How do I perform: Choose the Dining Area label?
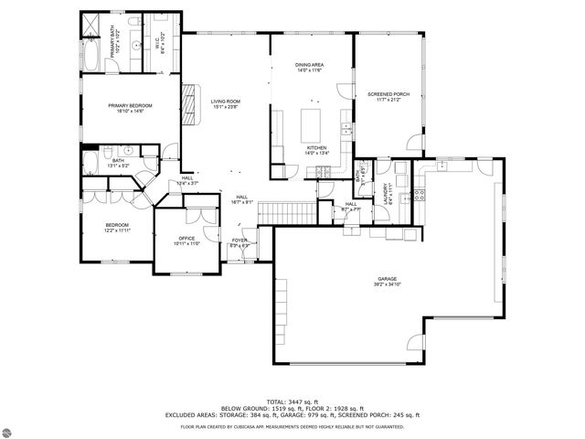pos(308,67)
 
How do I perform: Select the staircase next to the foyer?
pos(287,213)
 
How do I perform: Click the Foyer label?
pos(239,241)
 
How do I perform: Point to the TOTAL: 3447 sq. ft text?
pos(292,401)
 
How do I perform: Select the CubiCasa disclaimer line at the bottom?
pos(292,426)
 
